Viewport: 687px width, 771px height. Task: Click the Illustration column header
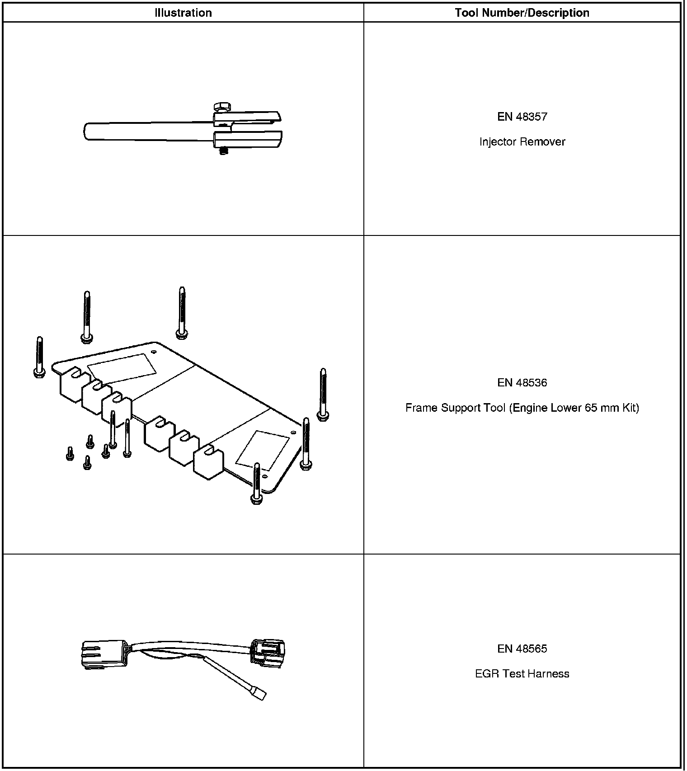point(183,13)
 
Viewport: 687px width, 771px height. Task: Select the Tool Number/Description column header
point(522,13)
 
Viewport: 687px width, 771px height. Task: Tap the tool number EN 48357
point(522,117)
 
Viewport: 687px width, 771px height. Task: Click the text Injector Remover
point(522,142)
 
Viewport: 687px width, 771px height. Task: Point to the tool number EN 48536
point(522,383)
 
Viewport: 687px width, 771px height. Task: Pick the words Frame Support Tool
point(455,408)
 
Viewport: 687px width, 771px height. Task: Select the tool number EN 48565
point(522,649)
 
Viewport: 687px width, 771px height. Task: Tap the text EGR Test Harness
point(522,674)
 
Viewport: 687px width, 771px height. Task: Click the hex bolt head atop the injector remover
point(221,107)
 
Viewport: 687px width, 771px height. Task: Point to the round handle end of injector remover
point(88,132)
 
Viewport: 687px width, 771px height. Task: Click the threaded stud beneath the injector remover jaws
point(223,152)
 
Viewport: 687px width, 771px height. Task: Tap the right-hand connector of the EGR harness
point(268,652)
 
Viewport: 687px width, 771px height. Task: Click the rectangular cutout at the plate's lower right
point(263,450)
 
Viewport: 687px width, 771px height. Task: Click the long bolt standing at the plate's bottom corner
point(257,484)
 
